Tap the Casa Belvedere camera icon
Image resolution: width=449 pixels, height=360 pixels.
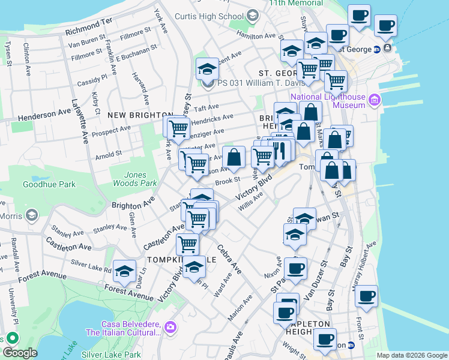(x=170, y=327)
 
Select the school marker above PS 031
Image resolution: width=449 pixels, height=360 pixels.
(x=207, y=68)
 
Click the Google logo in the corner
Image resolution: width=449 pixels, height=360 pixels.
(x=20, y=353)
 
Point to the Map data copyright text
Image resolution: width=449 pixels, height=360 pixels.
(x=411, y=355)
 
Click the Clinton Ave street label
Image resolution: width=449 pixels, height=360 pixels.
(x=27, y=58)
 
